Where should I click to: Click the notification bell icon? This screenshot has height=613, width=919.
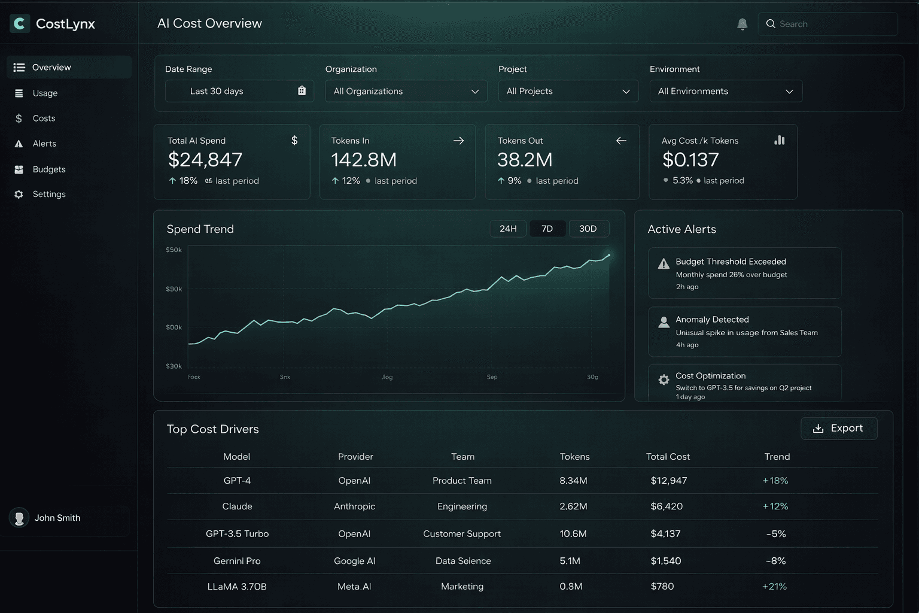742,24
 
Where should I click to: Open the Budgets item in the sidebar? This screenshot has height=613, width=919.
49,169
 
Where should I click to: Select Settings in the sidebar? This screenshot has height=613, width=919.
49,195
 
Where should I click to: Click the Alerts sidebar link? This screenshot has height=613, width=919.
44,144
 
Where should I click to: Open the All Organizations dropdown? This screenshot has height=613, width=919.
406,91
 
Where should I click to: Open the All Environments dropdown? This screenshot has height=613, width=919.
725,91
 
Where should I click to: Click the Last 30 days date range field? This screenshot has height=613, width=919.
239,91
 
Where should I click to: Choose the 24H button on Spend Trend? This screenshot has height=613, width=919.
508,229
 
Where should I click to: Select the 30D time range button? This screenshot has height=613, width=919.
588,229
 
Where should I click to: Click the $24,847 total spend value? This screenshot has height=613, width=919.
205,160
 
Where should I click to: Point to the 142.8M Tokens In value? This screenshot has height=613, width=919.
364,160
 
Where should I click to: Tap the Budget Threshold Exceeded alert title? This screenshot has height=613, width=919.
731,262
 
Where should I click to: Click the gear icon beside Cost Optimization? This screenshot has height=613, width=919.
664,380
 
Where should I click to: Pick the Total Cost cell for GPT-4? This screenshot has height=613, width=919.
668,481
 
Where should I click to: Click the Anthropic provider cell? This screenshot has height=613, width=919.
354,506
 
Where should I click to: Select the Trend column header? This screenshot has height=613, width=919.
777,457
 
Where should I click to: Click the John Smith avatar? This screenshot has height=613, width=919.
19,518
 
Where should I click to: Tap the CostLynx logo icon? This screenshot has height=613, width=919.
20,23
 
